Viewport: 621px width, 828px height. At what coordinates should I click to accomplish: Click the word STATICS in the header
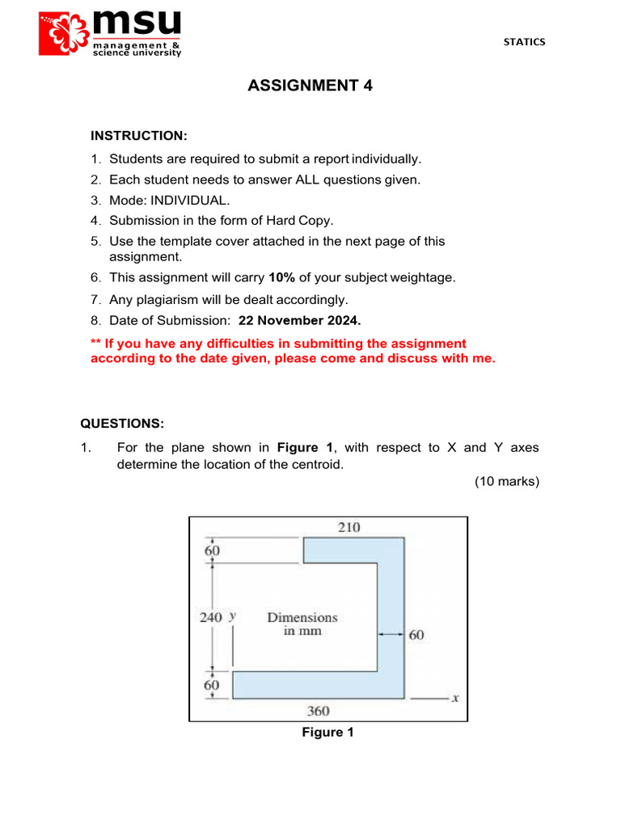(x=525, y=42)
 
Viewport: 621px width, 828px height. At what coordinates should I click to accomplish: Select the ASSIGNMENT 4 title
(x=310, y=86)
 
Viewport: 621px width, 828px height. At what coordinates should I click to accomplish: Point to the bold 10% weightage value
(x=282, y=277)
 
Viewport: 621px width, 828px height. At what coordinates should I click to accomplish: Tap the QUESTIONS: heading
(x=122, y=424)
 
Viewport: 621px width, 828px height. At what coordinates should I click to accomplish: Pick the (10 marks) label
(x=506, y=481)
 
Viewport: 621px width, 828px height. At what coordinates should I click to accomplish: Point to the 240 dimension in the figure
(x=211, y=617)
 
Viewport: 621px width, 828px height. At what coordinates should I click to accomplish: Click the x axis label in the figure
(x=455, y=697)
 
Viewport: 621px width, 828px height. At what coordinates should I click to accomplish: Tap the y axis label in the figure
(x=232, y=615)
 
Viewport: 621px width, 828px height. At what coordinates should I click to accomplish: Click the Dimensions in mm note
(x=302, y=623)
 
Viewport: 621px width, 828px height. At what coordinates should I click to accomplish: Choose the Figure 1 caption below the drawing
(x=327, y=733)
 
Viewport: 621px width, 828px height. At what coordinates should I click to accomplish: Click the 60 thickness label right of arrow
(x=416, y=635)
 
